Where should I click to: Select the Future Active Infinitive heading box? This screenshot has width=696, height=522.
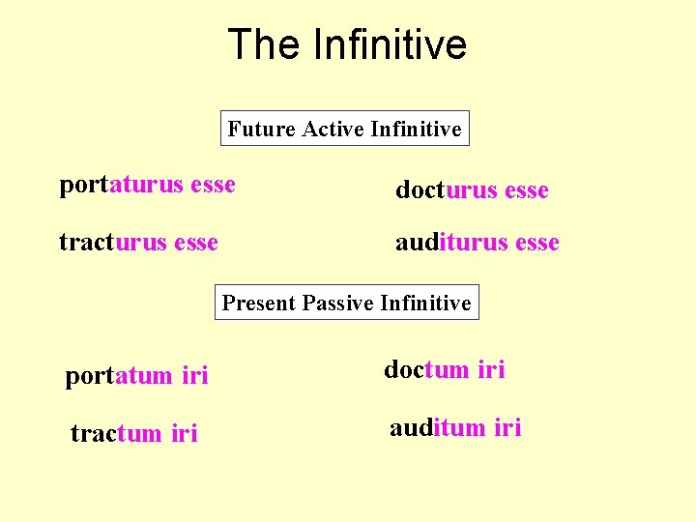click(x=345, y=128)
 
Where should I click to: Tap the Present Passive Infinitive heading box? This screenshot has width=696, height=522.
click(x=346, y=303)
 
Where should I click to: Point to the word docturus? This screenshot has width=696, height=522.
click(x=446, y=190)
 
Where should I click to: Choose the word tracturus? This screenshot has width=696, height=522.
click(x=110, y=242)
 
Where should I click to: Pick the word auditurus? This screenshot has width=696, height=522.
click(x=452, y=243)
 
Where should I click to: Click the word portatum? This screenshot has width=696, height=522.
click(x=119, y=376)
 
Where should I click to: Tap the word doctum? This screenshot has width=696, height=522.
click(x=425, y=369)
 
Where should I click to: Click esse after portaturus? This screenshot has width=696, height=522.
click(x=214, y=185)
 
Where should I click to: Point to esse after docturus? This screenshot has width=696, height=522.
click(x=526, y=190)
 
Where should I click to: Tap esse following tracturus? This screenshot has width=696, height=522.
click(x=195, y=242)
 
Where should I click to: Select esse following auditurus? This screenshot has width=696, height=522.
click(x=537, y=243)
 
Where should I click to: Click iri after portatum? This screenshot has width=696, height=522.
click(x=195, y=376)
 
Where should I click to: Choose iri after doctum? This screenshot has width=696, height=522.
click(x=490, y=369)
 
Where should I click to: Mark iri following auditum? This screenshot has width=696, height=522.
click(x=507, y=427)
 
